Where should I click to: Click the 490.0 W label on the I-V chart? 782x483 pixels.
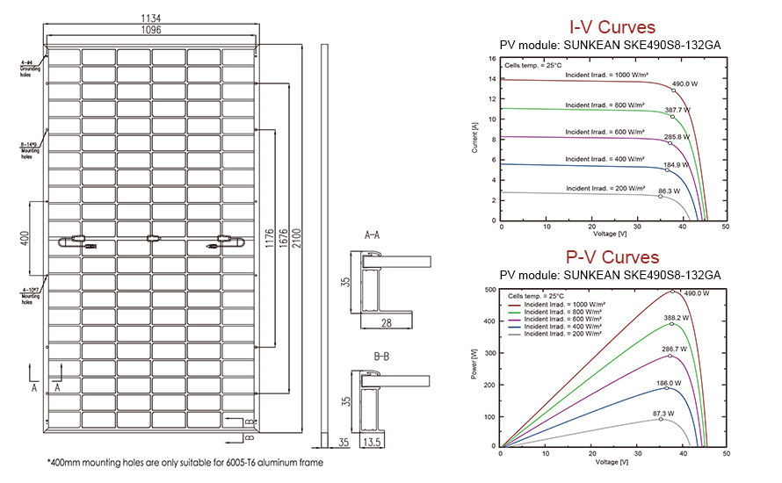(x=684, y=84)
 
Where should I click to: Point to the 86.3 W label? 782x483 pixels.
(x=670, y=191)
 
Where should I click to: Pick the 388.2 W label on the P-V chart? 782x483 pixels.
(x=675, y=318)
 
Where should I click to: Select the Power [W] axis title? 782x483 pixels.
(x=475, y=367)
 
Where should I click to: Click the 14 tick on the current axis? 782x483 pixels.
(x=491, y=79)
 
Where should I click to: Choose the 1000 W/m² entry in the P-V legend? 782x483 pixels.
(x=562, y=305)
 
